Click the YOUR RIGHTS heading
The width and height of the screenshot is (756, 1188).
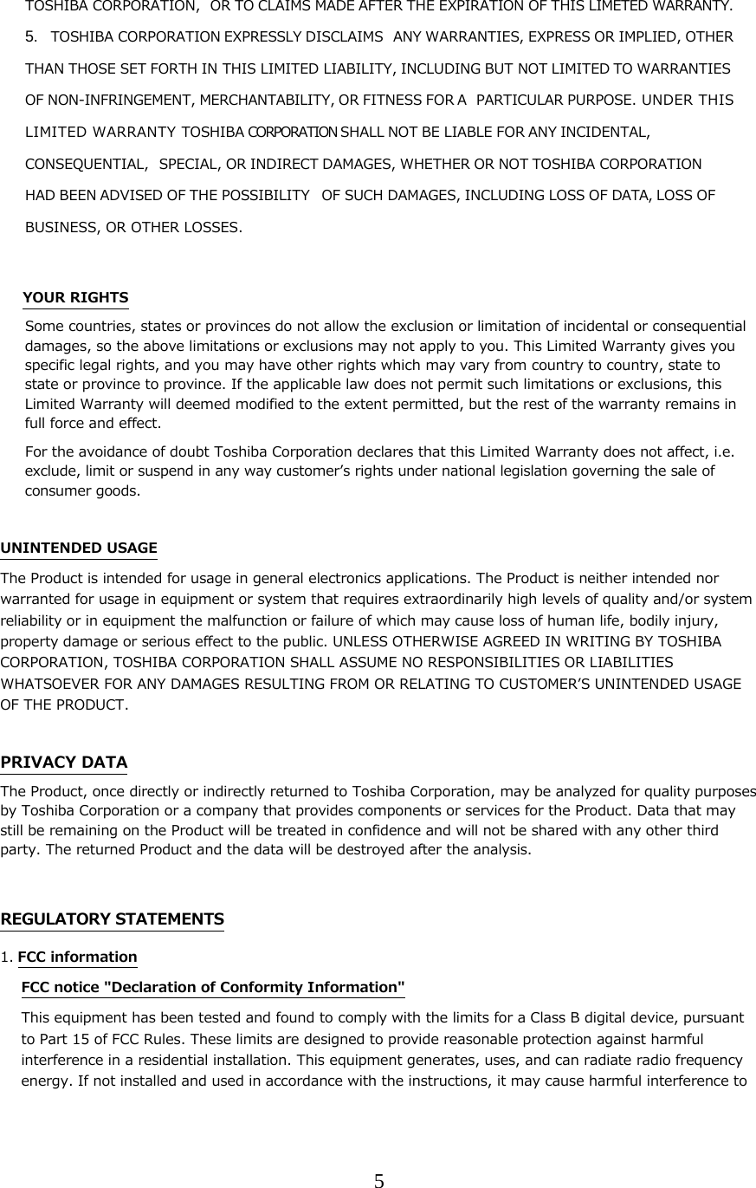(75, 298)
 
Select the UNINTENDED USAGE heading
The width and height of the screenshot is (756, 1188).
(79, 548)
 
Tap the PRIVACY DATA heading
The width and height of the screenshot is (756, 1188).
(64, 763)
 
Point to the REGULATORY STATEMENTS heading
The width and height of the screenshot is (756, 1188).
(112, 919)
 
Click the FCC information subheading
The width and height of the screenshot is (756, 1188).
(77, 957)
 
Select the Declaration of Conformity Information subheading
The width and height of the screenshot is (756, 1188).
(212, 987)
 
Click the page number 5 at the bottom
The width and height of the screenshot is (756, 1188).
(378, 1180)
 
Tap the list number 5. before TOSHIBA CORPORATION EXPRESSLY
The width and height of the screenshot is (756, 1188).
(31, 38)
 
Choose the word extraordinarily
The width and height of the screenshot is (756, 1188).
(481, 599)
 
